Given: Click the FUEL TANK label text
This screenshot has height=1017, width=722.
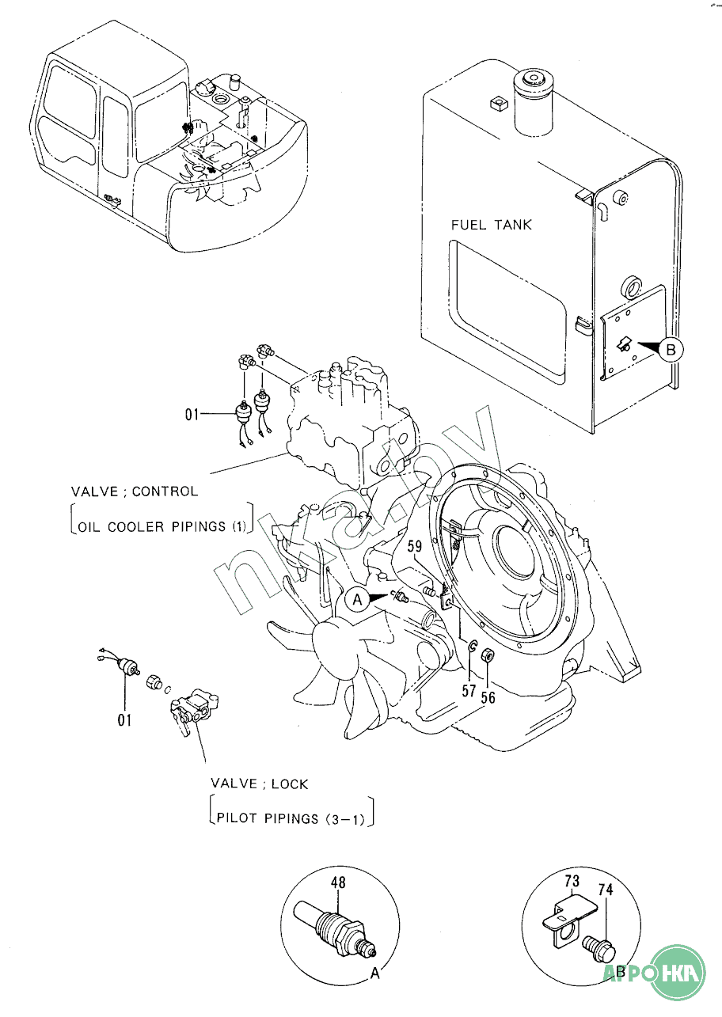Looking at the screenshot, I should tap(491, 225).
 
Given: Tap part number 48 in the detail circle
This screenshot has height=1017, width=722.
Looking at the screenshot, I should tap(338, 882).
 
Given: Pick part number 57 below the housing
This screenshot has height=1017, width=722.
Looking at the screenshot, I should tap(469, 690).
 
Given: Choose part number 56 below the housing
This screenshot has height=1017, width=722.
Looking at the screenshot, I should tap(488, 697).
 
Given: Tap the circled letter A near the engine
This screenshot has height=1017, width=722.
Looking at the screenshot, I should tap(357, 599).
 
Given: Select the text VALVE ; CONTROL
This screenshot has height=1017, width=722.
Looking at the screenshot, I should tap(135, 491).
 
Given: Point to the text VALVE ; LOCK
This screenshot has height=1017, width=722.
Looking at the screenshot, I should tap(259, 784).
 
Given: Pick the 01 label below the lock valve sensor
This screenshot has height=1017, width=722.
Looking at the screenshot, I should tap(124, 720).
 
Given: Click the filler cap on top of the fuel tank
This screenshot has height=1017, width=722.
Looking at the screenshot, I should tap(530, 79).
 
